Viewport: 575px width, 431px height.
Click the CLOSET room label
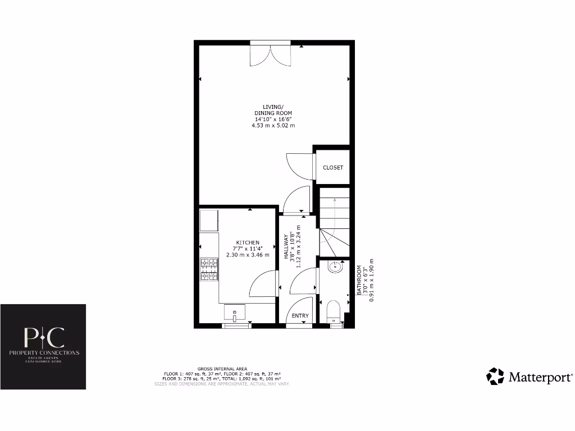click(332, 168)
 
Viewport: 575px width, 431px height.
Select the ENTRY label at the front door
click(300, 316)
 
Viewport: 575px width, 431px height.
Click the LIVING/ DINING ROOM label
click(273, 110)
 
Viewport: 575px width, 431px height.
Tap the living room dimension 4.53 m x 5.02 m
click(273, 126)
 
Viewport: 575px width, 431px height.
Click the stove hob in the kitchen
click(209, 269)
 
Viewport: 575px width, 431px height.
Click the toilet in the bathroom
click(334, 310)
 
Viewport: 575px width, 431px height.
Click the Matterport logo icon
click(495, 377)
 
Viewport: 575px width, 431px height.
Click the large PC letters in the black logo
click(43, 337)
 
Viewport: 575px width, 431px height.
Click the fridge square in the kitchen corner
click(209, 221)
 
